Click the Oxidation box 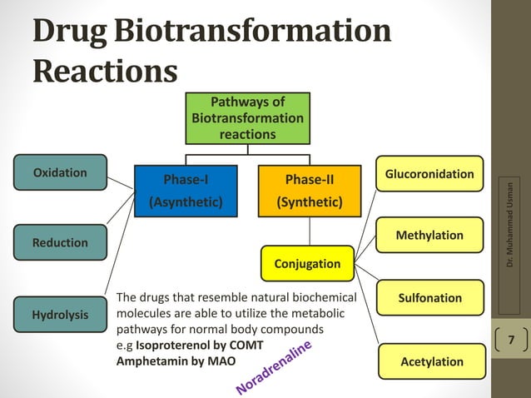point(60,172)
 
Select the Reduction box point(60,242)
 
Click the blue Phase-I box point(185,191)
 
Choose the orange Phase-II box point(310,191)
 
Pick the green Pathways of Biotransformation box point(247,117)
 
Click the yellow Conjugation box point(307,263)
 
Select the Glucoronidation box point(429,174)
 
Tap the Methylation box point(429,236)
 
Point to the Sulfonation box point(429,298)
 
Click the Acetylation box point(429,361)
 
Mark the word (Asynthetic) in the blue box point(185,201)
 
